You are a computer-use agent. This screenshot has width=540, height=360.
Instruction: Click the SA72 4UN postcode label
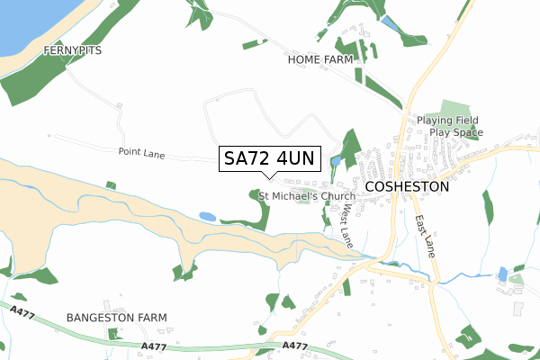[268, 158]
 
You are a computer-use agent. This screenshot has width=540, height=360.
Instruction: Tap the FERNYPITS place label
[72, 51]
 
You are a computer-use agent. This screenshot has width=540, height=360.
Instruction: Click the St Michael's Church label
[307, 195]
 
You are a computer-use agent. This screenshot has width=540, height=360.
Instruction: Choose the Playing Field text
[447, 121]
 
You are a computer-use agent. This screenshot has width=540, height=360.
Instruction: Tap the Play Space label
[455, 132]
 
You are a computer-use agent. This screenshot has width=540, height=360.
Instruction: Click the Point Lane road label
[141, 153]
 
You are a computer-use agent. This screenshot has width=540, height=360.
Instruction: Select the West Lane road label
[346, 224]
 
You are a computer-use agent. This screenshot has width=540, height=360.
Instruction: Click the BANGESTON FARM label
[117, 318]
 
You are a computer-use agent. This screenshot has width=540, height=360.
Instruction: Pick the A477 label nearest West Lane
[294, 346]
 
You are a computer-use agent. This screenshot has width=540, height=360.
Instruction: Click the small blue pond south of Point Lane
[207, 217]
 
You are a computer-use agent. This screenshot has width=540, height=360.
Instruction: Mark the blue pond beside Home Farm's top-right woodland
[387, 21]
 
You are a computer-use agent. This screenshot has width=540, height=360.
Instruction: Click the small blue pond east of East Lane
[502, 273]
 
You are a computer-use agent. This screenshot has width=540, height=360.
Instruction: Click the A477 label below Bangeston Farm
[155, 346]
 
